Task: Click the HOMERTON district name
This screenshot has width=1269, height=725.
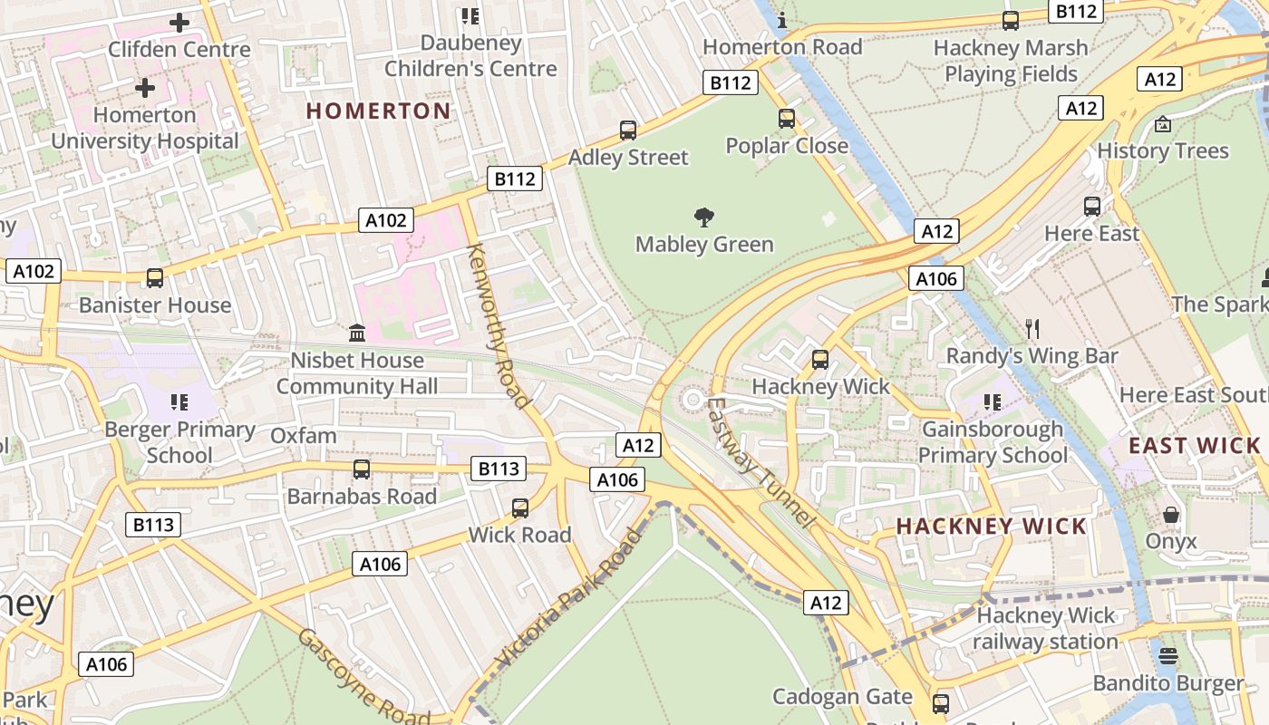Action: (x=378, y=111)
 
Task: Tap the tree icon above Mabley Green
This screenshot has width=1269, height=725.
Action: (x=703, y=217)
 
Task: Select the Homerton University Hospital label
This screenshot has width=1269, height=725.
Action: (x=145, y=128)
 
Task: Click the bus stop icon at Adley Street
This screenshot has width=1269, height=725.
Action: (x=628, y=130)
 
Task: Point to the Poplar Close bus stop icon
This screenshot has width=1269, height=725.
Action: (x=786, y=118)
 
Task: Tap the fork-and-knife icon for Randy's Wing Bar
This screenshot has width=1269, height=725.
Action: (x=1032, y=328)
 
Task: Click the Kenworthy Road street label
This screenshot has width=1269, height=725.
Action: (x=498, y=325)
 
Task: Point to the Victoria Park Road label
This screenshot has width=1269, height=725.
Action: (x=569, y=599)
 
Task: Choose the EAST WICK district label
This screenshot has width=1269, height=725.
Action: (x=1194, y=445)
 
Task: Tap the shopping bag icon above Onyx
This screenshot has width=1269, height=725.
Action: (x=1171, y=515)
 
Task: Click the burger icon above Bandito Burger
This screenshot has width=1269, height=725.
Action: (x=1167, y=656)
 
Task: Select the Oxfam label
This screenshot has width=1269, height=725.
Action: (x=304, y=436)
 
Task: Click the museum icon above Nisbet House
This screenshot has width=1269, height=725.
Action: (x=357, y=333)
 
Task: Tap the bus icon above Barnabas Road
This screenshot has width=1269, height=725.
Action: (x=362, y=469)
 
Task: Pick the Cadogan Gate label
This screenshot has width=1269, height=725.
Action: (x=842, y=696)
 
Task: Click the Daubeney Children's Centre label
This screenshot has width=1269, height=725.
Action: (x=470, y=55)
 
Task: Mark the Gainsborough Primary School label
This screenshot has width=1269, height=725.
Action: (x=993, y=441)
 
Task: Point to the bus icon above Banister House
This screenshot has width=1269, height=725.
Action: (x=155, y=278)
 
